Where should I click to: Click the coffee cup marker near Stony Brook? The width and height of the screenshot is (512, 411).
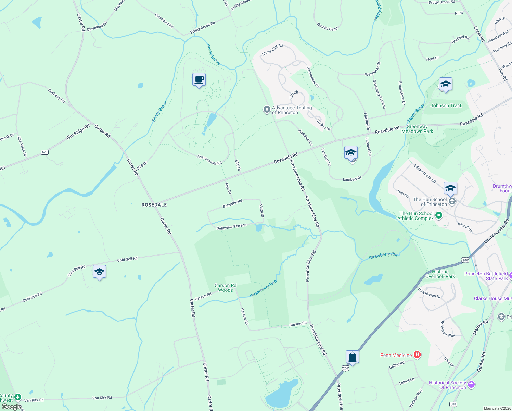pos(199,80)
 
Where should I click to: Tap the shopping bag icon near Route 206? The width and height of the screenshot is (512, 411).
pos(352,357)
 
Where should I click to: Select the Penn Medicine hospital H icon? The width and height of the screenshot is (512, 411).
pos(417,355)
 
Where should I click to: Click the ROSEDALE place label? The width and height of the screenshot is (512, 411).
pos(154,205)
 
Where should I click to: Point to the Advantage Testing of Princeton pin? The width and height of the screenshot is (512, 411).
pos(267,110)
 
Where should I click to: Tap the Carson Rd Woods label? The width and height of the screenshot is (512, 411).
pos(226,288)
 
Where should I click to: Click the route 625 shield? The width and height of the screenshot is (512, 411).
pos(44,152)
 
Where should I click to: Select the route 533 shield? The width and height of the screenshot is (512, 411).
pos(453,404)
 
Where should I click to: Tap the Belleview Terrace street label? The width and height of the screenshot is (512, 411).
pos(231,227)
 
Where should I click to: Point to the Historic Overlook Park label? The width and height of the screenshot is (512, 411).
pos(440,274)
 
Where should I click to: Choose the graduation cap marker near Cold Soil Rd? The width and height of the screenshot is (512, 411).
pos(99,272)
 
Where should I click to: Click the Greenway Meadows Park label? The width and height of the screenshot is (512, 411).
pos(417,129)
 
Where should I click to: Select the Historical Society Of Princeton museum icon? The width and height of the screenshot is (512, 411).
pos(471,385)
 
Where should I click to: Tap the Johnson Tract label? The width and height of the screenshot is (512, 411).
pos(446,105)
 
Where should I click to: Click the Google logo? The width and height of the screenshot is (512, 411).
pos(12,407)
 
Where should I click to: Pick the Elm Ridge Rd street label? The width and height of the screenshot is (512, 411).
pos(78,132)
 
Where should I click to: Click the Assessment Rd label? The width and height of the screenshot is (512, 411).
pos(209,160)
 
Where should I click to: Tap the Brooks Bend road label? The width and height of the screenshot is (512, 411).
pos(327,27)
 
